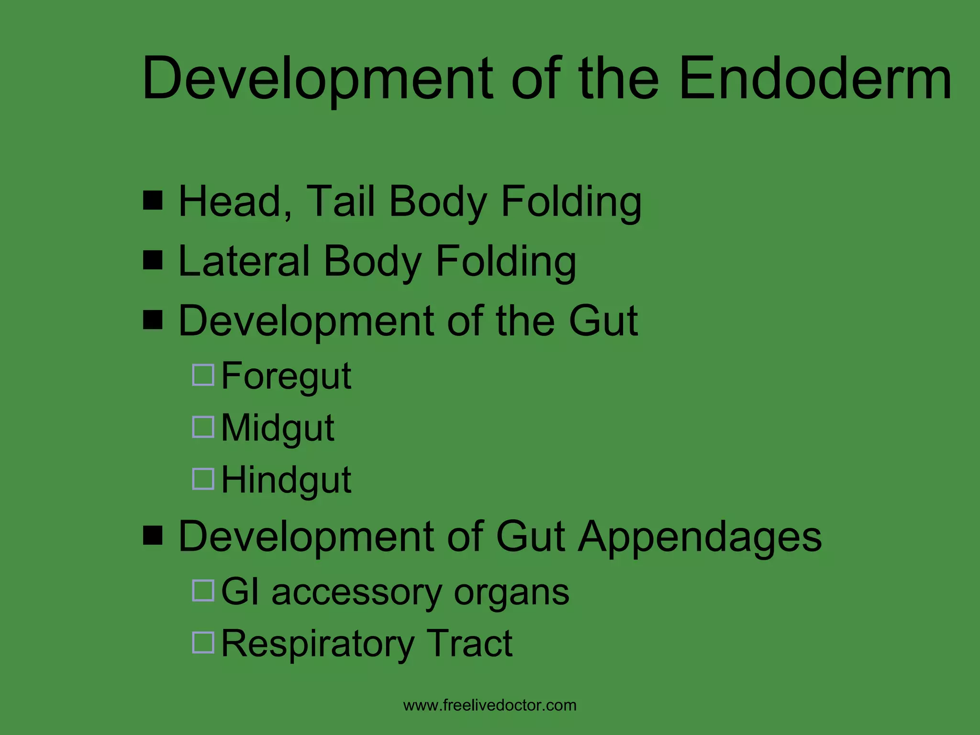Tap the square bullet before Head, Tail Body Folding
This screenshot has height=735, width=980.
(x=153, y=200)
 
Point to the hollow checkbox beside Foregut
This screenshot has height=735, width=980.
(x=203, y=375)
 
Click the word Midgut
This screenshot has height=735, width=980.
(x=278, y=428)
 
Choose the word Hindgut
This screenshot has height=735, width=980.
(x=286, y=480)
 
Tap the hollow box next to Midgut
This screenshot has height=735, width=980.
(x=203, y=427)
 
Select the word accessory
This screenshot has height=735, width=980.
(x=356, y=592)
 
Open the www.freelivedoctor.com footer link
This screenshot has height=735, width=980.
(x=490, y=705)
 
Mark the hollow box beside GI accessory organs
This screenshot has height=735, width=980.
(x=203, y=590)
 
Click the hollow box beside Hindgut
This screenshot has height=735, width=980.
(x=203, y=479)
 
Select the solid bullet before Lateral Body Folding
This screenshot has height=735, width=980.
(x=153, y=260)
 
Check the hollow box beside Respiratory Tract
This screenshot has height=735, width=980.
(x=203, y=643)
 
